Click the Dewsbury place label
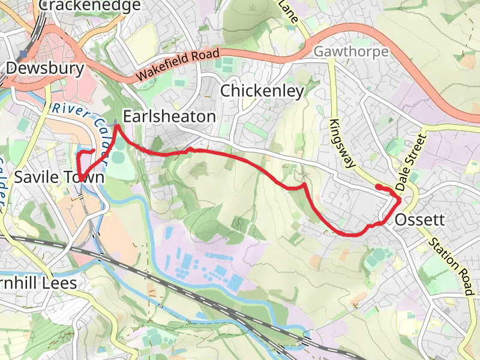45,68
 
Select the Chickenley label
262,91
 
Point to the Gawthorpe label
351,52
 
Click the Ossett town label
420,220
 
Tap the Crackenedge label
90,6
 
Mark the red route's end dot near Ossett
378,187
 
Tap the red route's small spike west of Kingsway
305,185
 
